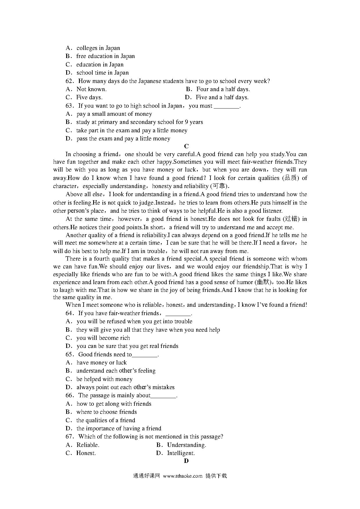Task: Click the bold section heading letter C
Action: tap(186, 146)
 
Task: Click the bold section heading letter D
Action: tap(186, 461)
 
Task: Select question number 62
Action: tap(71, 81)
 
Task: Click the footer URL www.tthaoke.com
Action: tap(183, 476)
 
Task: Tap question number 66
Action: tap(71, 396)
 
